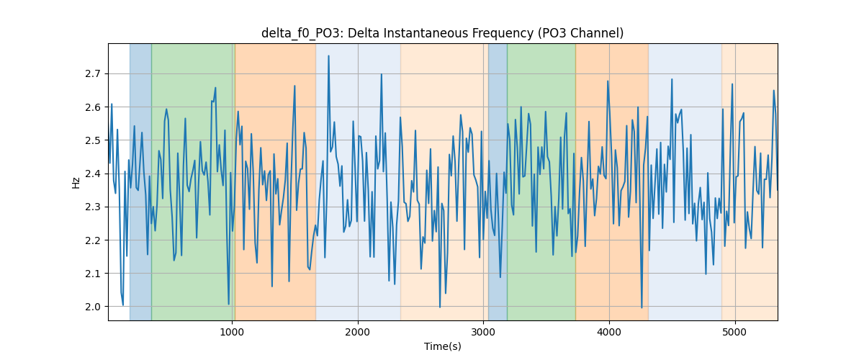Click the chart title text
pos(442,33)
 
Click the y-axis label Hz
pos(76,182)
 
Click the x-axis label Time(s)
pos(442,346)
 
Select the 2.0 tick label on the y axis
pos(93,307)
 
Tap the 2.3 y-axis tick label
pos(93,207)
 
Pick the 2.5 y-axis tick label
pos(93,140)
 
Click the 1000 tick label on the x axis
pos(232,332)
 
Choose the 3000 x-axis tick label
pos(484,332)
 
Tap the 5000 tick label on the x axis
pos(735,332)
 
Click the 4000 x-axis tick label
pos(609,332)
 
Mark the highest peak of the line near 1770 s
pos(328,56)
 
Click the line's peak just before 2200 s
pos(382,74)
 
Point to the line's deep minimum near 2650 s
pos(440,307)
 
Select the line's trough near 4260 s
pos(642,307)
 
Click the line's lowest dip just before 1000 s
pos(229,304)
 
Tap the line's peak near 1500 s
pos(294,86)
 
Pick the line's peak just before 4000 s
pos(608,81)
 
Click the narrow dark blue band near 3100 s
pos(498,181)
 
